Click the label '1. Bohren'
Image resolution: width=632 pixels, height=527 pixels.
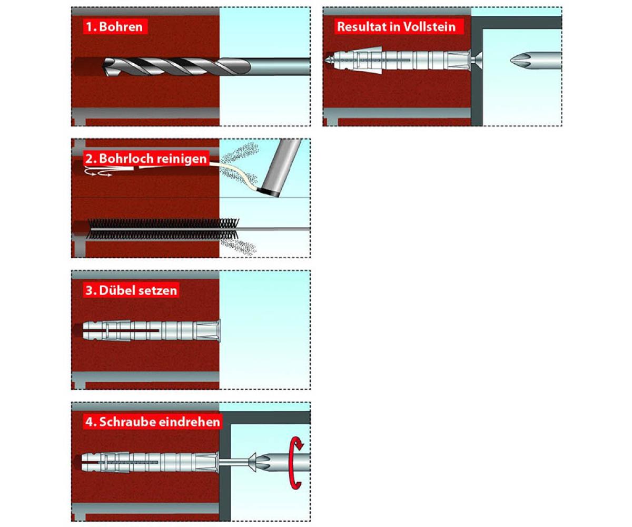pyautogui.click(x=114, y=27)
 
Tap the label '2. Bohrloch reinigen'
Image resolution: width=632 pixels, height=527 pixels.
pyautogui.click(x=146, y=159)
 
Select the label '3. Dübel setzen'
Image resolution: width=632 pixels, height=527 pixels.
pyautogui.click(x=131, y=290)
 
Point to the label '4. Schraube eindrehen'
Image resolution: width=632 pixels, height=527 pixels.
pyautogui.click(x=153, y=422)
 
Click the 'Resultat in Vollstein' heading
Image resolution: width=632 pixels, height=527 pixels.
pyautogui.click(x=396, y=27)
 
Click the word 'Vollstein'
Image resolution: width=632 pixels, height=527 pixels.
pyautogui.click(x=430, y=27)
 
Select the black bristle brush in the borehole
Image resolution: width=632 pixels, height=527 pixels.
pyautogui.click(x=163, y=229)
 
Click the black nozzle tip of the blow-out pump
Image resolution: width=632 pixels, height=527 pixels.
pyautogui.click(x=269, y=192)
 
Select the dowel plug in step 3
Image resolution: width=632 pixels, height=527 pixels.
pyautogui.click(x=151, y=330)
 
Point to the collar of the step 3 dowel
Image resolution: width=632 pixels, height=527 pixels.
pyautogui.click(x=218, y=330)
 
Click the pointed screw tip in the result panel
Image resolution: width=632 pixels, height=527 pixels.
pyautogui.click(x=329, y=60)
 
